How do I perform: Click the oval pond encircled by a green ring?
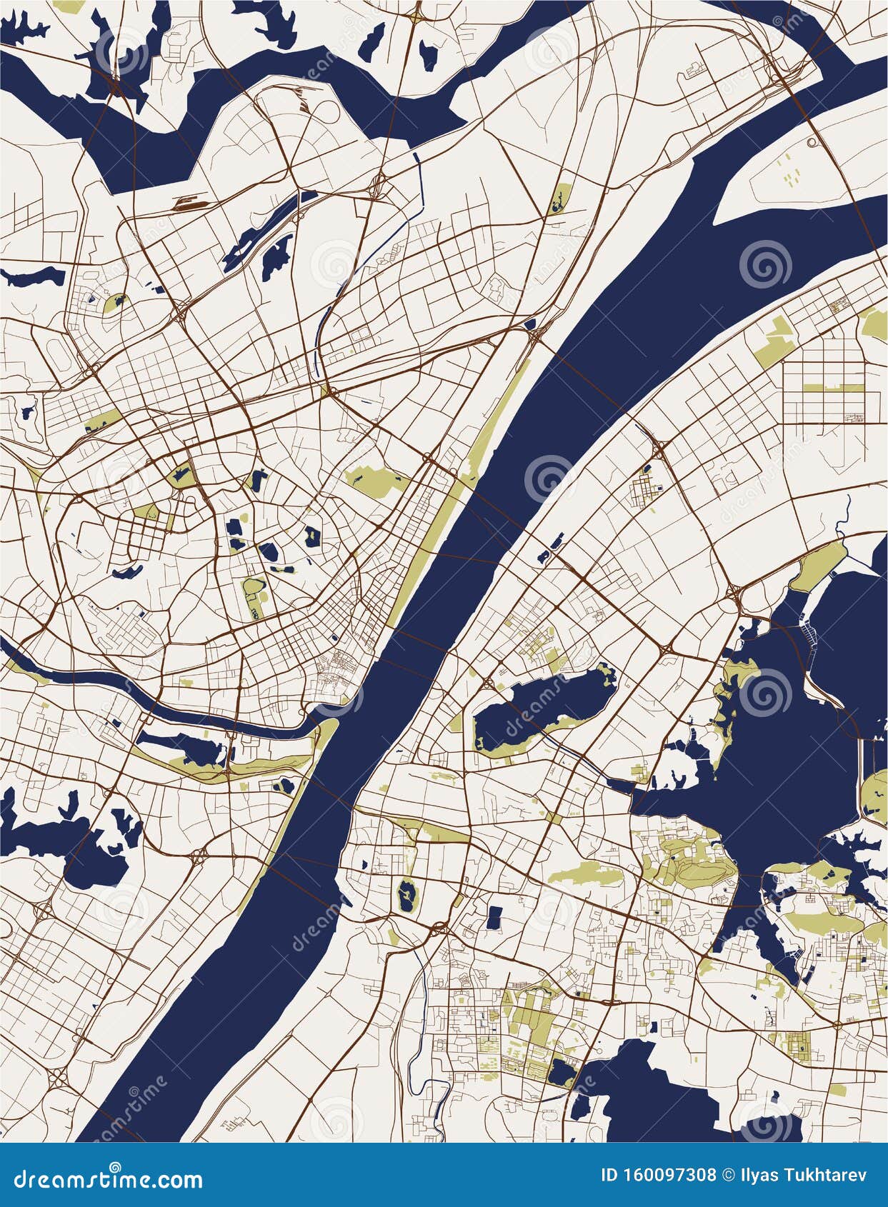click(406, 893)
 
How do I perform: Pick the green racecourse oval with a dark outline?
click(254, 589)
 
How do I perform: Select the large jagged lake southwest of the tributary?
click(79, 843)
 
